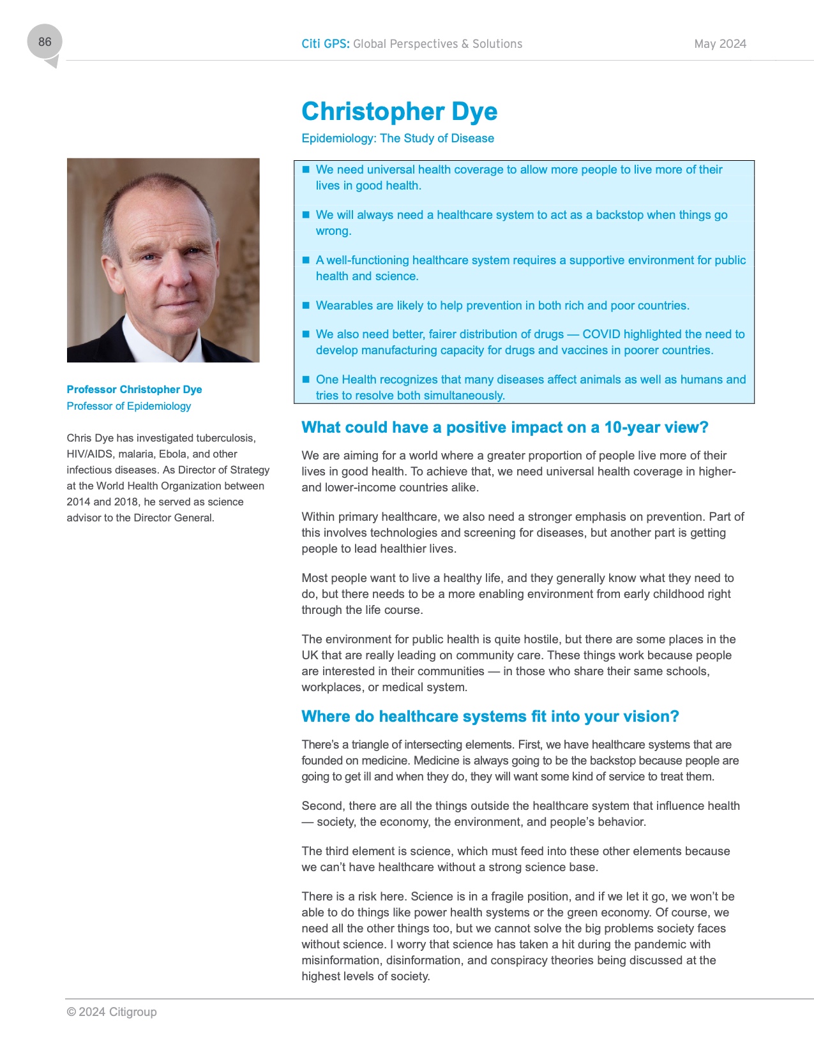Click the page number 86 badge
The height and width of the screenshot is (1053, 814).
(45, 42)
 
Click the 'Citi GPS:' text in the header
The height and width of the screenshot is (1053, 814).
(326, 44)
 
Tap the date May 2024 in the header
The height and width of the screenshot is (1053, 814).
(720, 44)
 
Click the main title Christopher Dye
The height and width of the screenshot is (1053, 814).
(399, 112)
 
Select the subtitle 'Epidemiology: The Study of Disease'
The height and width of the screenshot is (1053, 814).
(398, 138)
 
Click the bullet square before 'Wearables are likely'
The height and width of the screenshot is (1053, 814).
(306, 305)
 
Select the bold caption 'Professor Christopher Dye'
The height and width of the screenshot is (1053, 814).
(134, 389)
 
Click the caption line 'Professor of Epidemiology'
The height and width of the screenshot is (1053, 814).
(129, 406)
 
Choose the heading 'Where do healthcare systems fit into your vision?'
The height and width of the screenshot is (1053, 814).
(490, 717)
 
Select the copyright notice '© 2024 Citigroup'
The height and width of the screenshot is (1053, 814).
(112, 1012)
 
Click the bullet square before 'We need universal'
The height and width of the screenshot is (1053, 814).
(306, 169)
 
